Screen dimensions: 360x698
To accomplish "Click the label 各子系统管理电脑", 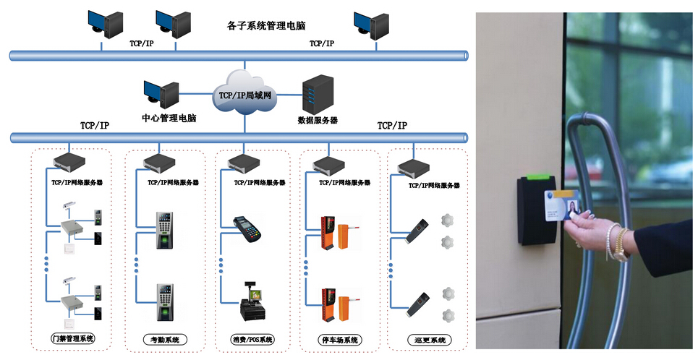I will [x=265, y=25].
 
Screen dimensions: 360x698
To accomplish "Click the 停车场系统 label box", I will [x=339, y=339].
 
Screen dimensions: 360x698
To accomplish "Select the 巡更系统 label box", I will [x=425, y=339].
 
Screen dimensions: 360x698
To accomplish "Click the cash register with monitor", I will [x=251, y=304].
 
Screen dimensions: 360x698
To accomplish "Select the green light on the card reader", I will [x=537, y=174].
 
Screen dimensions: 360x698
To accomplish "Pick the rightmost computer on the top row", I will [x=367, y=25].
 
